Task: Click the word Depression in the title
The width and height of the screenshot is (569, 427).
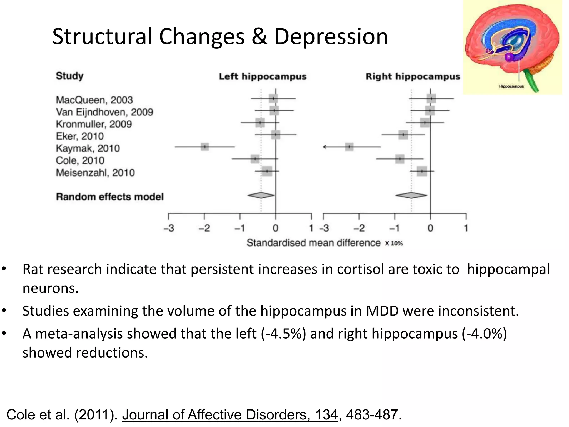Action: pyautogui.click(x=331, y=37)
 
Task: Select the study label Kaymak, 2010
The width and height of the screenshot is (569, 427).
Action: pyautogui.click(x=88, y=148)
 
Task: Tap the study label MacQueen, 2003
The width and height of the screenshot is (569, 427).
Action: pyautogui.click(x=94, y=100)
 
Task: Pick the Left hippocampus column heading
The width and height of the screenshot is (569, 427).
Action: pyautogui.click(x=263, y=76)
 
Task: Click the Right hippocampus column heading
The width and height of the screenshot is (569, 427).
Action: pyautogui.click(x=413, y=76)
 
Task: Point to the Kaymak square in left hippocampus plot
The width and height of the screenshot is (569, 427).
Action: pyautogui.click(x=205, y=147)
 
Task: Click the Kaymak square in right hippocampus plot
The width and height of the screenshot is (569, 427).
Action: pyautogui.click(x=349, y=147)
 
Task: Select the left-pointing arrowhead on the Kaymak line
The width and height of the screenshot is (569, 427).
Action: pyautogui.click(x=325, y=147)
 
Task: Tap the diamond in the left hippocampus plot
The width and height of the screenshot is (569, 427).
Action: pyautogui.click(x=261, y=195)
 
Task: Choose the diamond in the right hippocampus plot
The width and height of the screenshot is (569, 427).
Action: pyautogui.click(x=411, y=195)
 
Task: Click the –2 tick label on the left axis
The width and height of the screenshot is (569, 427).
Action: pyautogui.click(x=204, y=228)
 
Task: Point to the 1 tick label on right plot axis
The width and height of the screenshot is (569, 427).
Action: pyautogui.click(x=466, y=228)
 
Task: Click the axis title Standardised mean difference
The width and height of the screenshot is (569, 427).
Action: pyautogui.click(x=313, y=243)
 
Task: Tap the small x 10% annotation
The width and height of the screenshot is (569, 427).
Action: pyautogui.click(x=394, y=243)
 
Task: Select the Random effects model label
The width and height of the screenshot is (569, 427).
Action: pyautogui.click(x=110, y=197)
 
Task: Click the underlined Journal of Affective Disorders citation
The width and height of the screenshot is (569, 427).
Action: pyautogui.click(x=230, y=414)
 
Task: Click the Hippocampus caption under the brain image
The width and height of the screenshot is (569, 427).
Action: pyautogui.click(x=511, y=86)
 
